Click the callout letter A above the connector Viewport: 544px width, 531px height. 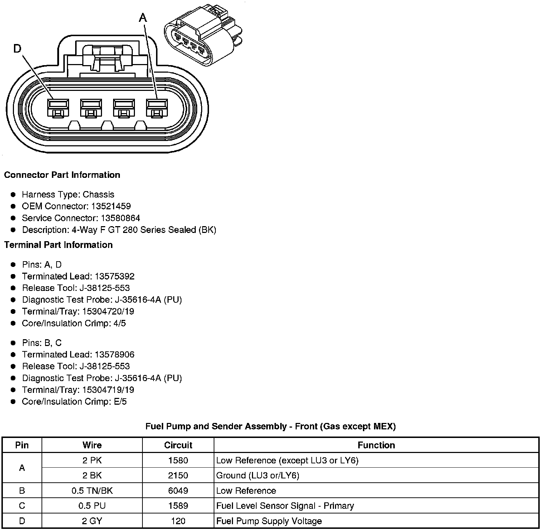coord(143,18)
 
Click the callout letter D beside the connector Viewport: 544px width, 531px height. coord(17,48)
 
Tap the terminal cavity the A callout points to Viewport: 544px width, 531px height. coord(157,108)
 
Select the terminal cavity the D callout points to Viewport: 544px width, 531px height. coord(58,108)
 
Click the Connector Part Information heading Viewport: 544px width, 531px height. coord(62,175)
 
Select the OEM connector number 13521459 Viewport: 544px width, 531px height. coord(111,206)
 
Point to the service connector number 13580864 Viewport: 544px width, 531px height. coord(120,218)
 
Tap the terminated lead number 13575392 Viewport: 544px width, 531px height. coord(115,277)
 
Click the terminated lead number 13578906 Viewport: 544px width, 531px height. coord(115,355)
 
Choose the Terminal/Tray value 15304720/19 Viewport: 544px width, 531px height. coord(108,312)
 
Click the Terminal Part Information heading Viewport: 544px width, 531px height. coord(58,245)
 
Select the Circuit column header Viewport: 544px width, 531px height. coord(178,445)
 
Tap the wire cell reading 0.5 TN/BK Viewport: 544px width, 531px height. coord(92,491)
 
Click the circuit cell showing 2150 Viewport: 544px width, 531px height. coord(178,476)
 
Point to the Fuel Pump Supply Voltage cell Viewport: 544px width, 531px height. coord(269,521)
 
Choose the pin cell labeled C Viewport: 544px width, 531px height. coord(22,506)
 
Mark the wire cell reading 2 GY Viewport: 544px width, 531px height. coord(92,521)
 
